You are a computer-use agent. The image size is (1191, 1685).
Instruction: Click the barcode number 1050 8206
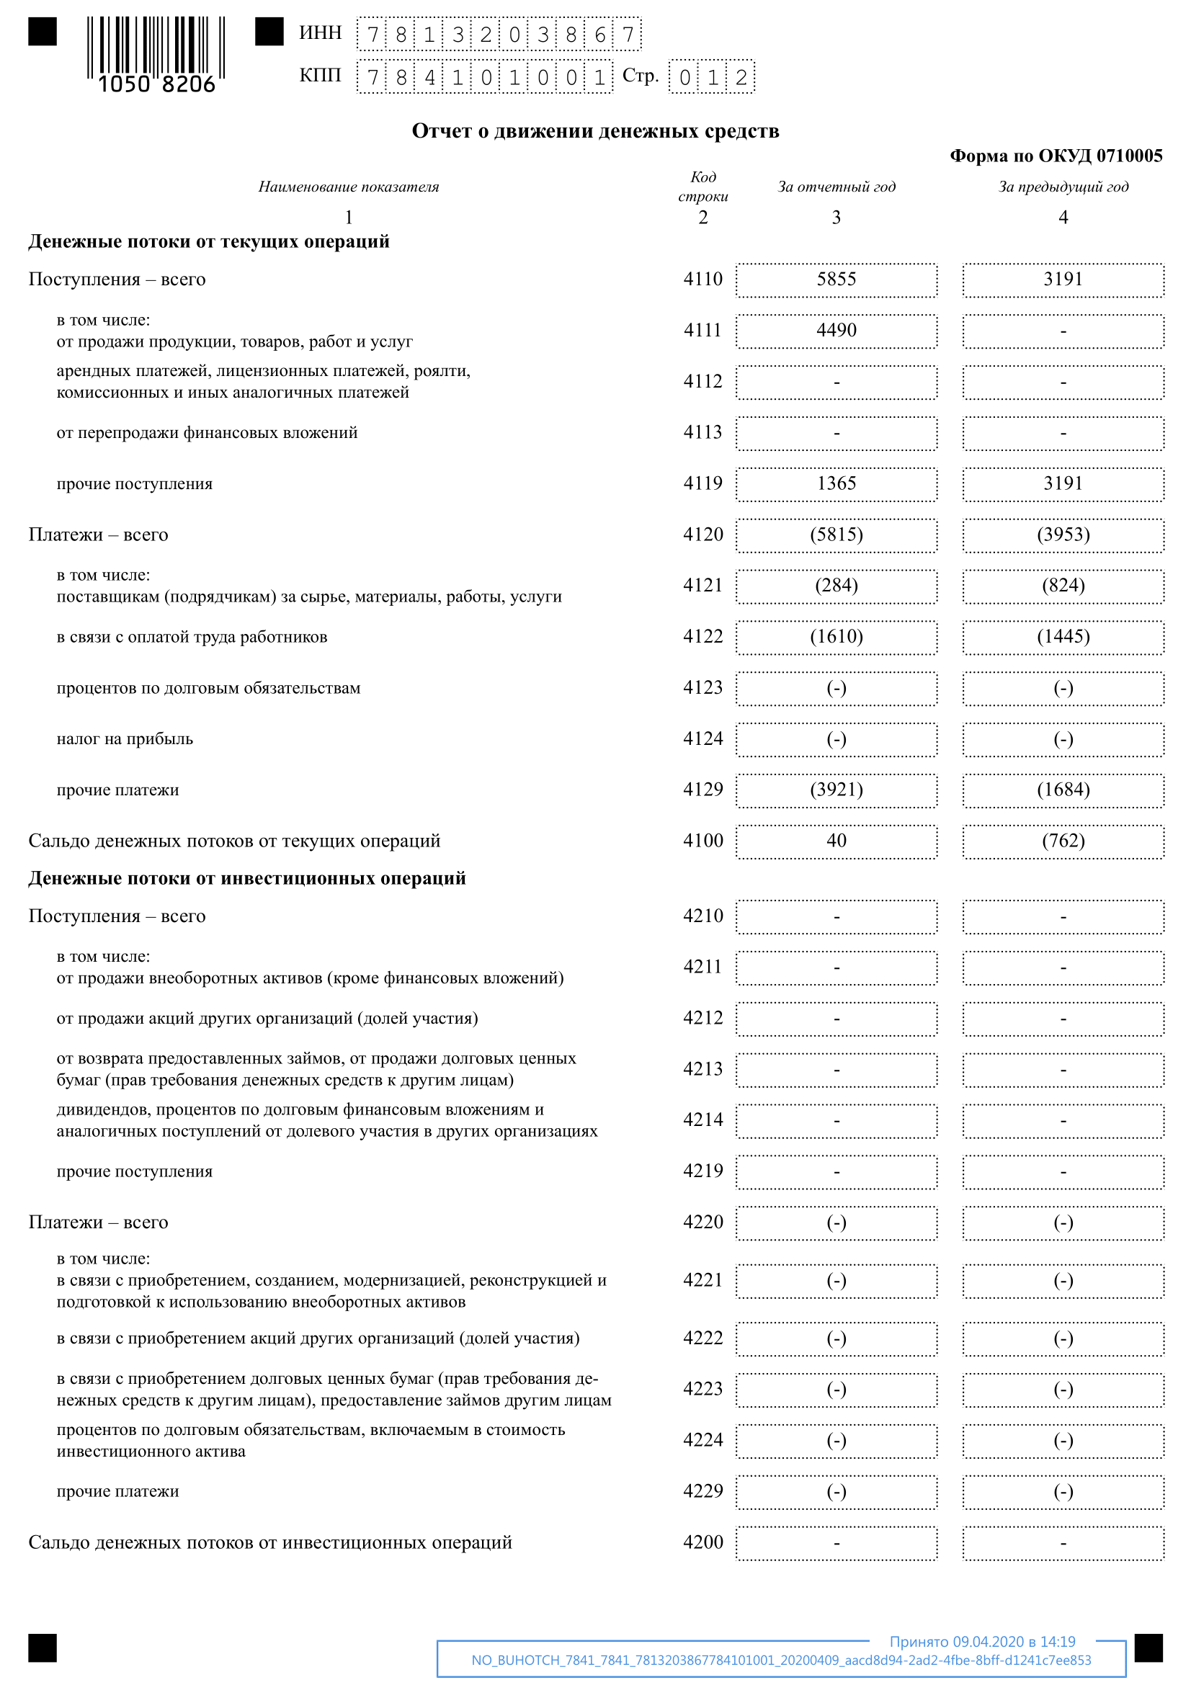(x=156, y=84)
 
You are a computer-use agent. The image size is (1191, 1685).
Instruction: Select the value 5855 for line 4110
(x=836, y=280)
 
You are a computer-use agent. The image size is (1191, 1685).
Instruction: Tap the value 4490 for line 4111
(x=836, y=331)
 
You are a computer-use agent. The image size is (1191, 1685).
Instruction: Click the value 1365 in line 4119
(x=836, y=483)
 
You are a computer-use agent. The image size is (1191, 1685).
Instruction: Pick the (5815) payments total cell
(x=836, y=535)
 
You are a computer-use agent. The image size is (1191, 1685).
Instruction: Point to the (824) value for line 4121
(x=1063, y=586)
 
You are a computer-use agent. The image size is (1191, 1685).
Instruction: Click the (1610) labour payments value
(x=836, y=637)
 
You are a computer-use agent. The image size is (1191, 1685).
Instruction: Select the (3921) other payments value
(x=836, y=790)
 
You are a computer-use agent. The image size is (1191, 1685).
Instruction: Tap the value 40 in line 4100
(x=836, y=841)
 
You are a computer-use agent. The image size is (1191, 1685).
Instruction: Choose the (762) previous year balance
(x=1063, y=841)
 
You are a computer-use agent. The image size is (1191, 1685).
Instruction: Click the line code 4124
(x=702, y=738)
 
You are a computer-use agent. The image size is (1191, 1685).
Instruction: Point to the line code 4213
(x=702, y=1069)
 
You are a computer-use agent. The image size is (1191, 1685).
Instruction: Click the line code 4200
(x=702, y=1542)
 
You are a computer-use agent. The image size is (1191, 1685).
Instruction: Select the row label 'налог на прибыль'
(x=125, y=739)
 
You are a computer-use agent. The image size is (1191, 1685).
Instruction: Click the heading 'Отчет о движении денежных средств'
(x=595, y=131)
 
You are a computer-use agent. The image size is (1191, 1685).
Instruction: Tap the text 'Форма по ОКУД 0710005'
(x=1056, y=156)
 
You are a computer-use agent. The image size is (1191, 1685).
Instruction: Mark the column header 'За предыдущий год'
(x=1063, y=187)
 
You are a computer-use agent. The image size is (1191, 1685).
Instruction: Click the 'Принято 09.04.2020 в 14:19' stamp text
(x=982, y=1642)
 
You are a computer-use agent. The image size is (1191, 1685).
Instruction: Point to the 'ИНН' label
(x=320, y=33)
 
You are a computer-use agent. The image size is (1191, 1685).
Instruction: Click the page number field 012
(x=711, y=77)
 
